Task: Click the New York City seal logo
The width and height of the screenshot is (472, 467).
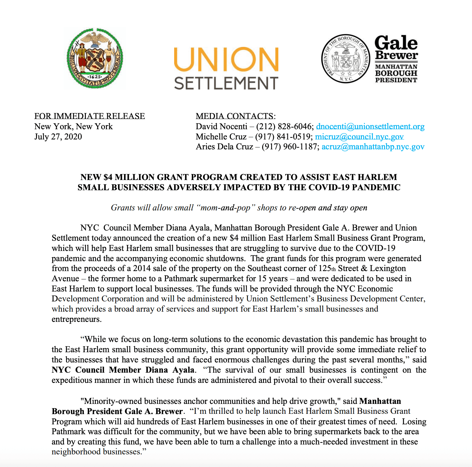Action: (95, 59)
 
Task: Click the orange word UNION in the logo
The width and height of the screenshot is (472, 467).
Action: (226, 59)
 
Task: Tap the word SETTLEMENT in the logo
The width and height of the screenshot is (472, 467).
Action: (226, 83)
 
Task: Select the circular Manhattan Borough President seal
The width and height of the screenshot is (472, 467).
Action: (346, 59)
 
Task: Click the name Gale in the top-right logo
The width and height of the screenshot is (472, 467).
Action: (396, 43)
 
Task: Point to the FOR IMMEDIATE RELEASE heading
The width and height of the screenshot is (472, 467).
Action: (89, 116)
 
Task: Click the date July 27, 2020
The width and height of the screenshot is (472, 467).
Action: (58, 137)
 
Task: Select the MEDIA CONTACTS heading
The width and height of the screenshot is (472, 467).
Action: (234, 116)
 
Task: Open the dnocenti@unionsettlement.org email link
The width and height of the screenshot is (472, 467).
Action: (370, 127)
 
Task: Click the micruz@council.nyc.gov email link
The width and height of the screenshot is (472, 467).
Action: (359, 137)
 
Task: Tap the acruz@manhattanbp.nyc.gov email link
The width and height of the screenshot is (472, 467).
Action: (373, 147)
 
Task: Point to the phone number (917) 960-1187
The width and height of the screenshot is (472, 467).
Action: (289, 147)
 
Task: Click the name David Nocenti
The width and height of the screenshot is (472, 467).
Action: (221, 127)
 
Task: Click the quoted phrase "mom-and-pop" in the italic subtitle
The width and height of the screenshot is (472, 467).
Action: (225, 208)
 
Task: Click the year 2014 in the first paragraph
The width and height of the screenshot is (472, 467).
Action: (142, 268)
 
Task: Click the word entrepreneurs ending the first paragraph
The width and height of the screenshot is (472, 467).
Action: (76, 319)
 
